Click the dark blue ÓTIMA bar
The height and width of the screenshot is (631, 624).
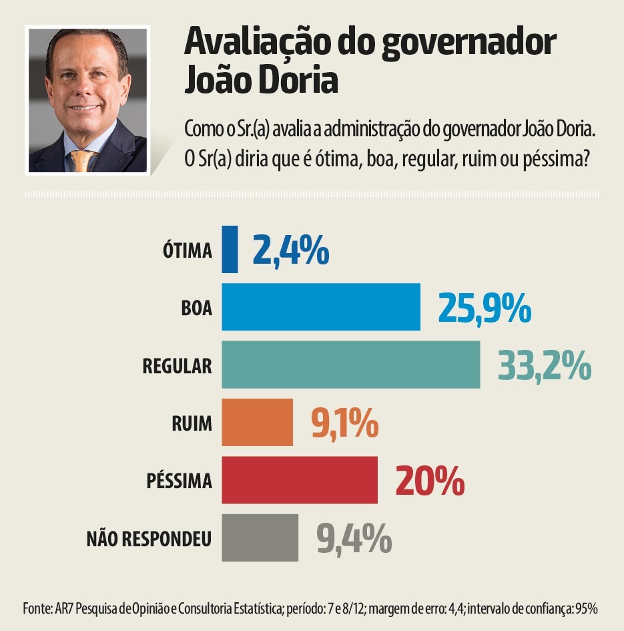click(x=230, y=250)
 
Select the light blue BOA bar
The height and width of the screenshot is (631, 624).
click(x=321, y=307)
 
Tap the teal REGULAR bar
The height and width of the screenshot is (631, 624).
click(x=350, y=365)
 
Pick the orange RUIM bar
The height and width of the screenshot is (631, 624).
click(x=257, y=422)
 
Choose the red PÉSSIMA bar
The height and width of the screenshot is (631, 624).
click(x=299, y=480)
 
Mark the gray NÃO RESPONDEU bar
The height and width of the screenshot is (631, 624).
click(x=260, y=538)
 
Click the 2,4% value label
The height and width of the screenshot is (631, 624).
click(x=290, y=250)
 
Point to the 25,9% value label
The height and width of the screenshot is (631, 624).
click(x=485, y=308)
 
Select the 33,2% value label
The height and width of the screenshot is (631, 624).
click(x=545, y=365)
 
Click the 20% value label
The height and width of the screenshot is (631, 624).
click(x=430, y=481)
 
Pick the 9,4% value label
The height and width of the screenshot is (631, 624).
click(x=354, y=538)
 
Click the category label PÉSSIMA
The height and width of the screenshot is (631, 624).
click(x=178, y=481)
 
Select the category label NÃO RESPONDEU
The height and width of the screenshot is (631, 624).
click(x=149, y=538)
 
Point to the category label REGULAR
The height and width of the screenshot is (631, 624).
click(x=177, y=365)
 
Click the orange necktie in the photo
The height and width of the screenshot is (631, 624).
click(x=82, y=161)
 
